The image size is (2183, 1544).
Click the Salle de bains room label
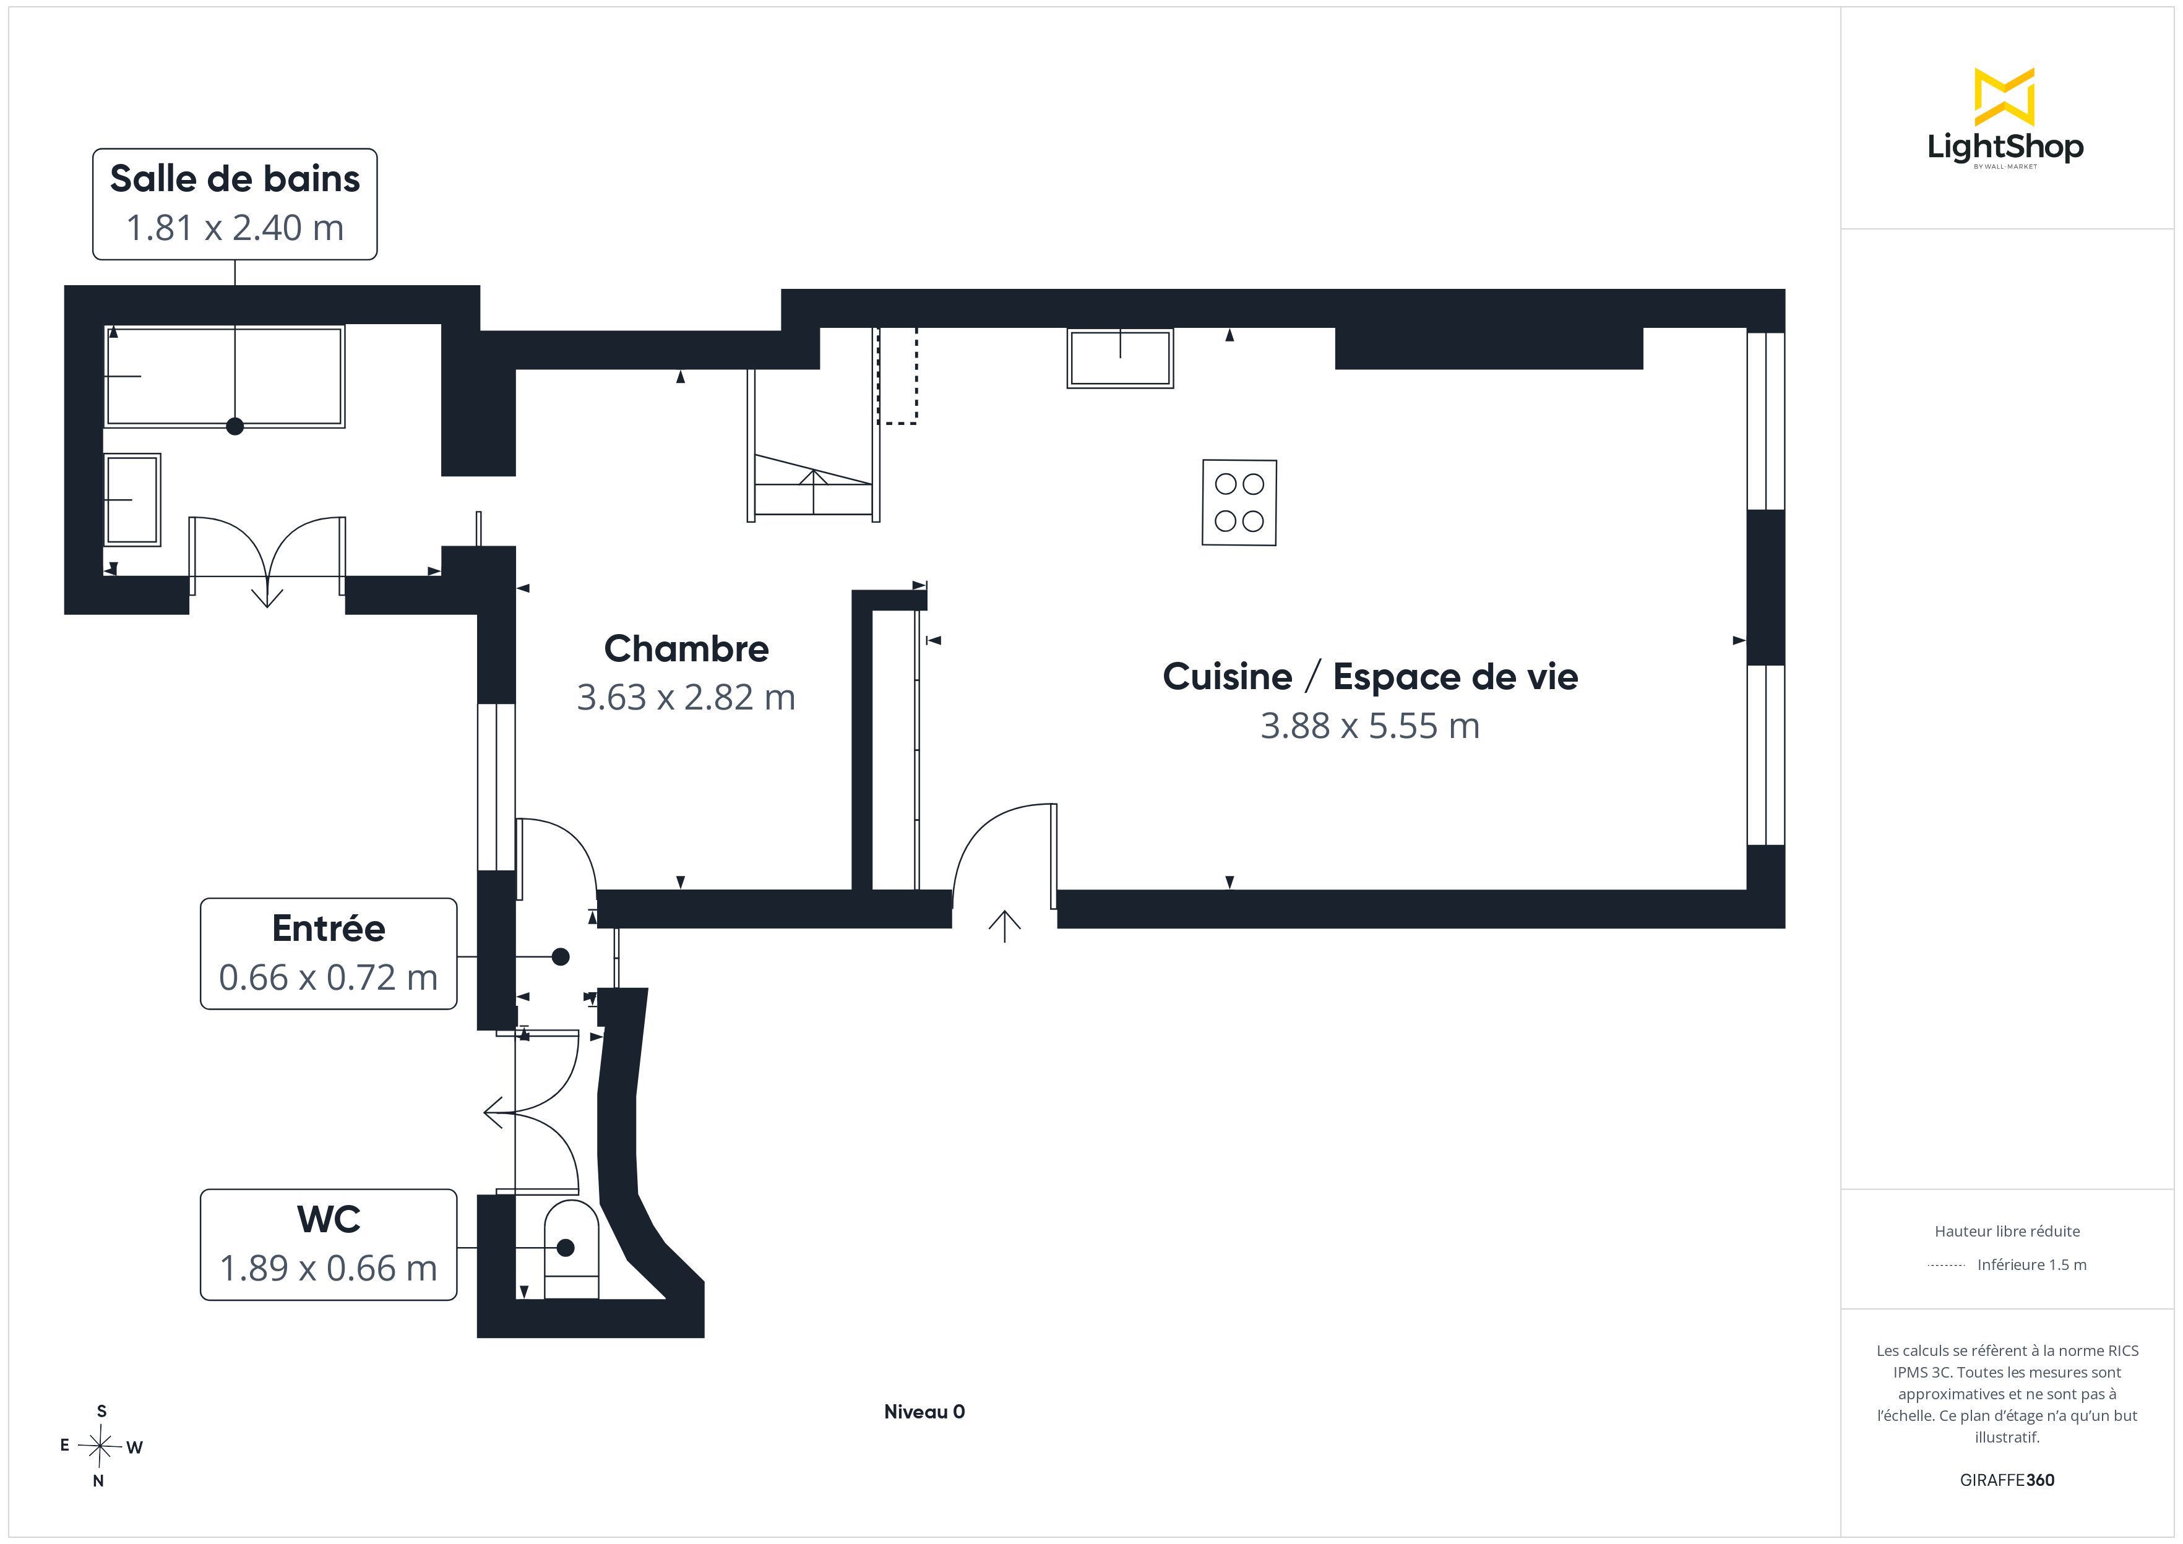pos(235,179)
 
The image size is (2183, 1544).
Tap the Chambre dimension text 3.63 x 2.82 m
pos(686,698)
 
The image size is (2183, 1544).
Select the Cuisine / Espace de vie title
pos(1370,677)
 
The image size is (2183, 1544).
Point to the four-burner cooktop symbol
pos(1239,503)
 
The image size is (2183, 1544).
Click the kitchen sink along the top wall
pos(1120,358)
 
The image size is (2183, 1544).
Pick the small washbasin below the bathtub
pos(132,499)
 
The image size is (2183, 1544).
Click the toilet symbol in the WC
pos(571,1248)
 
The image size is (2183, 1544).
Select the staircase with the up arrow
pos(814,444)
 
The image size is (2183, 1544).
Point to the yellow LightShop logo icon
pos(2004,97)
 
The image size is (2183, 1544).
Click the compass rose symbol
pos(100,1446)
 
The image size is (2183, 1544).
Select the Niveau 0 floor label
pos(924,1412)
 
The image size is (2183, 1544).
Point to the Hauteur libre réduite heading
pos(2007,1231)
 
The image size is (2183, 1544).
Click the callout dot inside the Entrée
pos(561,956)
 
